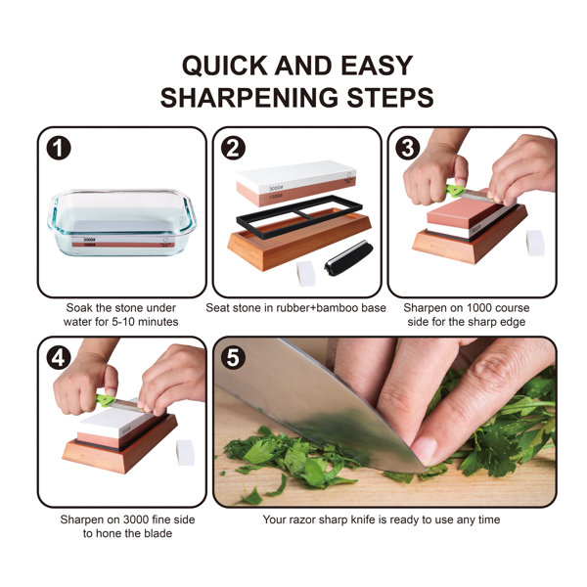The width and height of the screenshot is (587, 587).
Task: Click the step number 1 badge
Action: coord(60,149)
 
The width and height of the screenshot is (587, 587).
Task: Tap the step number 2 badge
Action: coord(234,149)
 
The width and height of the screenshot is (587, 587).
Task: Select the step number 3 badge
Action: coord(408,149)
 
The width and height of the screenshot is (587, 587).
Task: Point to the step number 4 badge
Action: coord(60,358)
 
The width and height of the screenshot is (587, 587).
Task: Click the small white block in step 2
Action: coord(305,273)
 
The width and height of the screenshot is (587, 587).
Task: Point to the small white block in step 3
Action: coord(534,243)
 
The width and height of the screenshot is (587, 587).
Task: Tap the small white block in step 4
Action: coord(184,451)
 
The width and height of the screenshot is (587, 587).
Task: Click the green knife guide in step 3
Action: coord(455,190)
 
